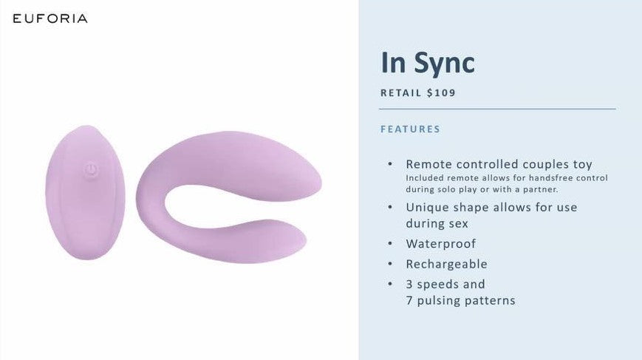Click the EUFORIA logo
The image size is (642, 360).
click(x=50, y=18)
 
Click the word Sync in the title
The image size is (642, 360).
click(x=444, y=64)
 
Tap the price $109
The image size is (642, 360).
click(x=441, y=93)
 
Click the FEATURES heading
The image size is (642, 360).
click(x=410, y=129)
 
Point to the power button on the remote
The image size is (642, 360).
click(x=91, y=169)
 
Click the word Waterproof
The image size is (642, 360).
click(x=440, y=244)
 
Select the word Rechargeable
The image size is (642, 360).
click(x=446, y=264)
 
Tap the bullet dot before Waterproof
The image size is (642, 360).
click(x=390, y=244)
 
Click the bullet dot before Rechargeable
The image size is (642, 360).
click(x=390, y=264)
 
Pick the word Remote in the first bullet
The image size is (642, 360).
click(x=428, y=164)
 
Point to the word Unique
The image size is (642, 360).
click(x=428, y=208)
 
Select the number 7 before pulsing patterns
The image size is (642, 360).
click(x=409, y=301)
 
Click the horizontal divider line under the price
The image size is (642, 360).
click(x=497, y=109)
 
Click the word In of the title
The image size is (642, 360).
click(x=394, y=62)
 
